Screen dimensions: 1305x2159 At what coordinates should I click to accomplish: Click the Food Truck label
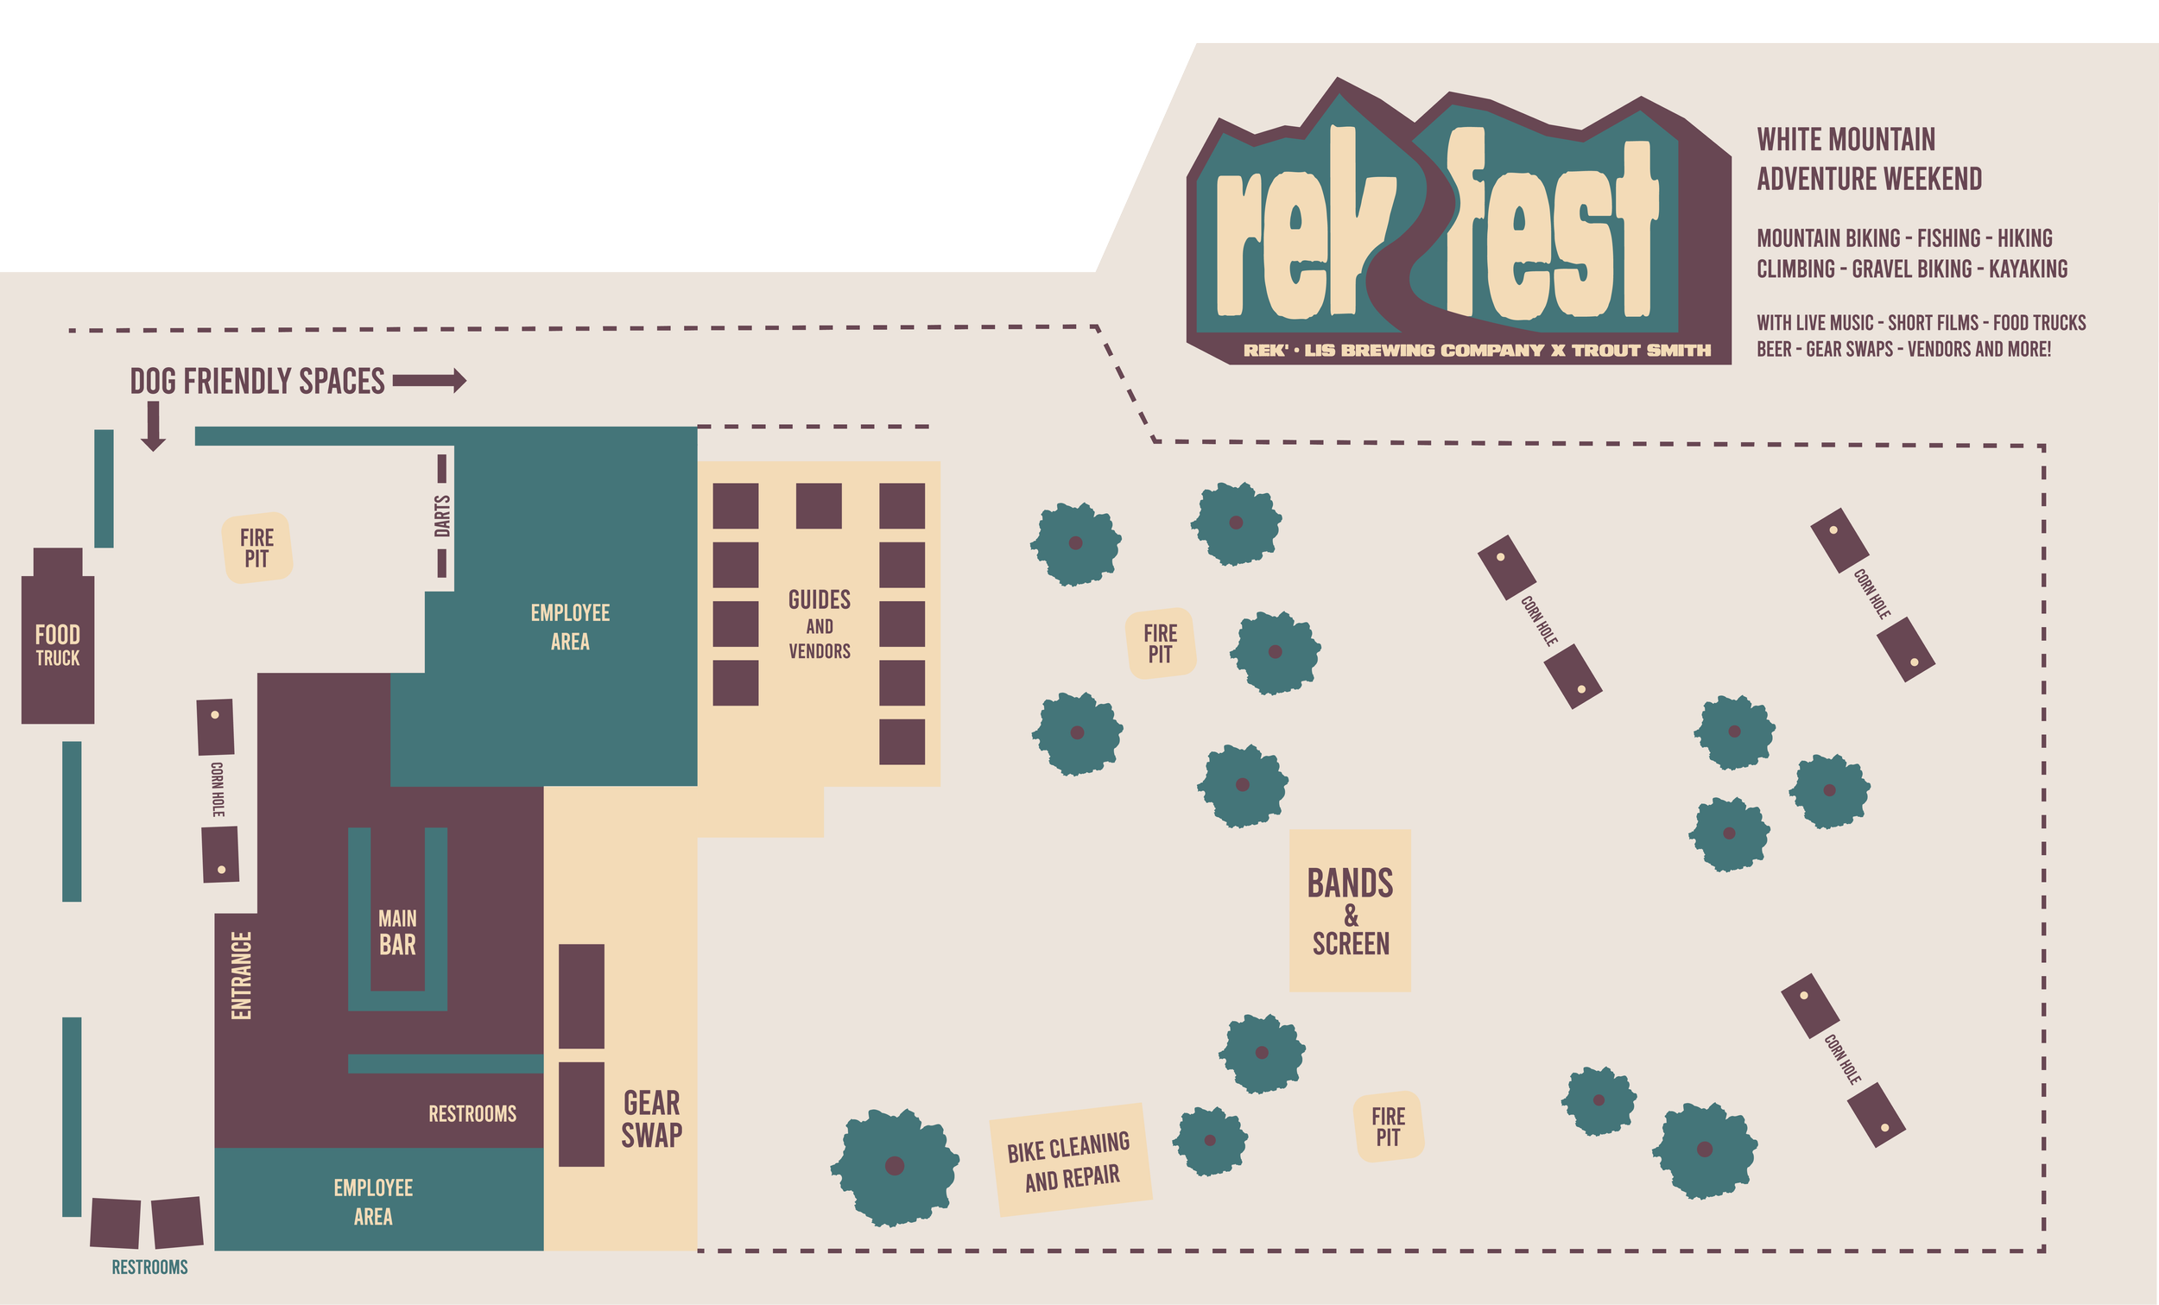[x=58, y=646]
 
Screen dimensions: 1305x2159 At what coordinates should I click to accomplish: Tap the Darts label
[x=442, y=516]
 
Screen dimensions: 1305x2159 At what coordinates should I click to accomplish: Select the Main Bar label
[x=397, y=933]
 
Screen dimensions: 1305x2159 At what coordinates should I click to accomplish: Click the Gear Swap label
[x=652, y=1119]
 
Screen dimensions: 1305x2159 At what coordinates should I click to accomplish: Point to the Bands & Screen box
[x=1351, y=910]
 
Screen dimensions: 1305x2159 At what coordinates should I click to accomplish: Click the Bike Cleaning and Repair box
[x=1071, y=1161]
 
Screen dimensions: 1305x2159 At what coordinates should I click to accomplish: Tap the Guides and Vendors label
[x=820, y=624]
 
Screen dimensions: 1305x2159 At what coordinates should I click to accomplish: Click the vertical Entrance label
[x=241, y=975]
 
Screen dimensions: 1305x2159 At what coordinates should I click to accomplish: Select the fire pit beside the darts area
[x=256, y=548]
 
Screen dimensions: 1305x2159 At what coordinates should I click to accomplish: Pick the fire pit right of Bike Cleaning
[x=1388, y=1127]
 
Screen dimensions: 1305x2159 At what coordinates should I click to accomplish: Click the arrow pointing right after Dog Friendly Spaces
[x=429, y=380]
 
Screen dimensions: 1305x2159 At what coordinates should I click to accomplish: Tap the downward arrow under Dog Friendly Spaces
[x=154, y=427]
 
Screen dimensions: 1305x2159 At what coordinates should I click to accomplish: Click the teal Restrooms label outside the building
[x=149, y=1267]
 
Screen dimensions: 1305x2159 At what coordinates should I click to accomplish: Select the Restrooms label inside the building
[x=472, y=1114]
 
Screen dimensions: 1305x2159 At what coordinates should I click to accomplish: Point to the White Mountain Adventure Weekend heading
[x=1868, y=159]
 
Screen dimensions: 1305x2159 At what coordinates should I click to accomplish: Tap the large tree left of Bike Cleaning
[x=895, y=1166]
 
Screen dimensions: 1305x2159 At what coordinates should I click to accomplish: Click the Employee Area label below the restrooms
[x=373, y=1201]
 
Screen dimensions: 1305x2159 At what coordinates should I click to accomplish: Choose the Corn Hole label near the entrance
[x=218, y=789]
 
